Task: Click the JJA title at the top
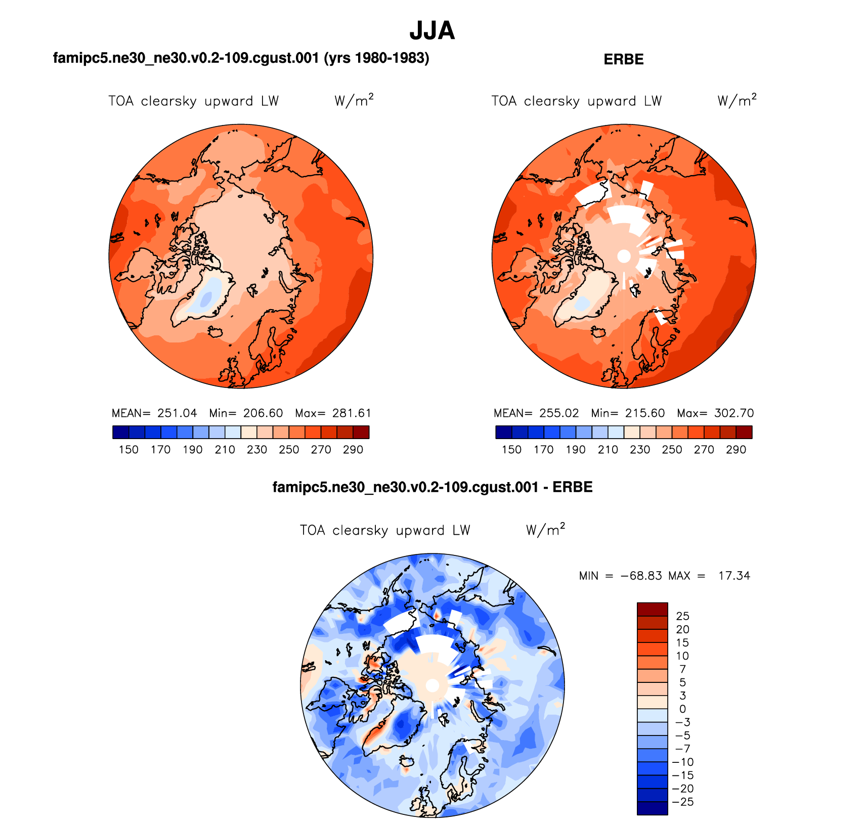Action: (x=432, y=31)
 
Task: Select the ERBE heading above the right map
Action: (x=623, y=60)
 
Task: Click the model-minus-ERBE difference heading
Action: (x=432, y=487)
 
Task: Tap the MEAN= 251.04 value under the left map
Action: (x=154, y=413)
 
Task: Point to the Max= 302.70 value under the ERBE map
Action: (x=715, y=413)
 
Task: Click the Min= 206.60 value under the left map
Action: (x=246, y=413)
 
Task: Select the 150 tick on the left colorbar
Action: (x=128, y=450)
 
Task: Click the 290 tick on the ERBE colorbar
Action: (x=736, y=450)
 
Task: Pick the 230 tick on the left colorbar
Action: (x=257, y=450)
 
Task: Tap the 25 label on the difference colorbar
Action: (x=682, y=616)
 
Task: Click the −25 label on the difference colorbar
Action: (x=682, y=802)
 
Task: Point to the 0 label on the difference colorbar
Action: (x=682, y=709)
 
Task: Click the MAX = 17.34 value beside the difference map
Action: (x=709, y=576)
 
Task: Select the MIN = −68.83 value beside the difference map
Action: (x=620, y=576)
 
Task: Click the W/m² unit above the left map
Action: (x=354, y=100)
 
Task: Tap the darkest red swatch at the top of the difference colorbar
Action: (x=652, y=609)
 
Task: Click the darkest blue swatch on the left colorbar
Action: (x=120, y=433)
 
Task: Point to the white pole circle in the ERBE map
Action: (x=624, y=256)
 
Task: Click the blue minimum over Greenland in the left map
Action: (x=206, y=299)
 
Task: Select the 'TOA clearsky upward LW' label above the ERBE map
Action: (x=576, y=101)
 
